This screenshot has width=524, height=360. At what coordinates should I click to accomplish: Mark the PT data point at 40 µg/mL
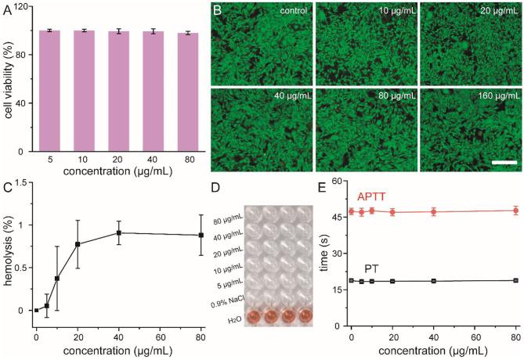point(433,281)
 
